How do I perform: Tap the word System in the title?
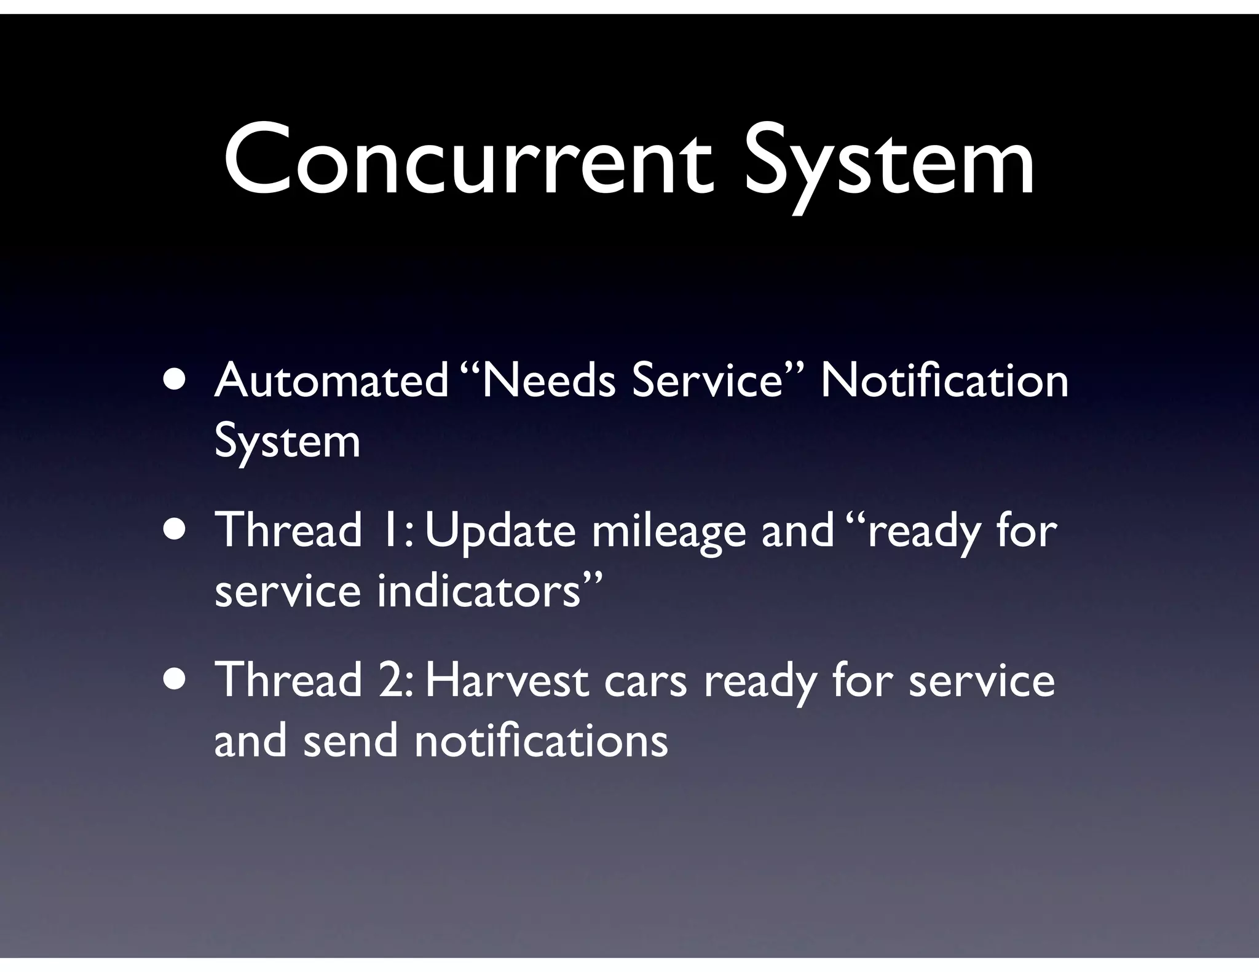point(889,161)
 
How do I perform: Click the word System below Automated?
point(287,441)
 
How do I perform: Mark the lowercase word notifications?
point(541,740)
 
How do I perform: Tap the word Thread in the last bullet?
point(288,681)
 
